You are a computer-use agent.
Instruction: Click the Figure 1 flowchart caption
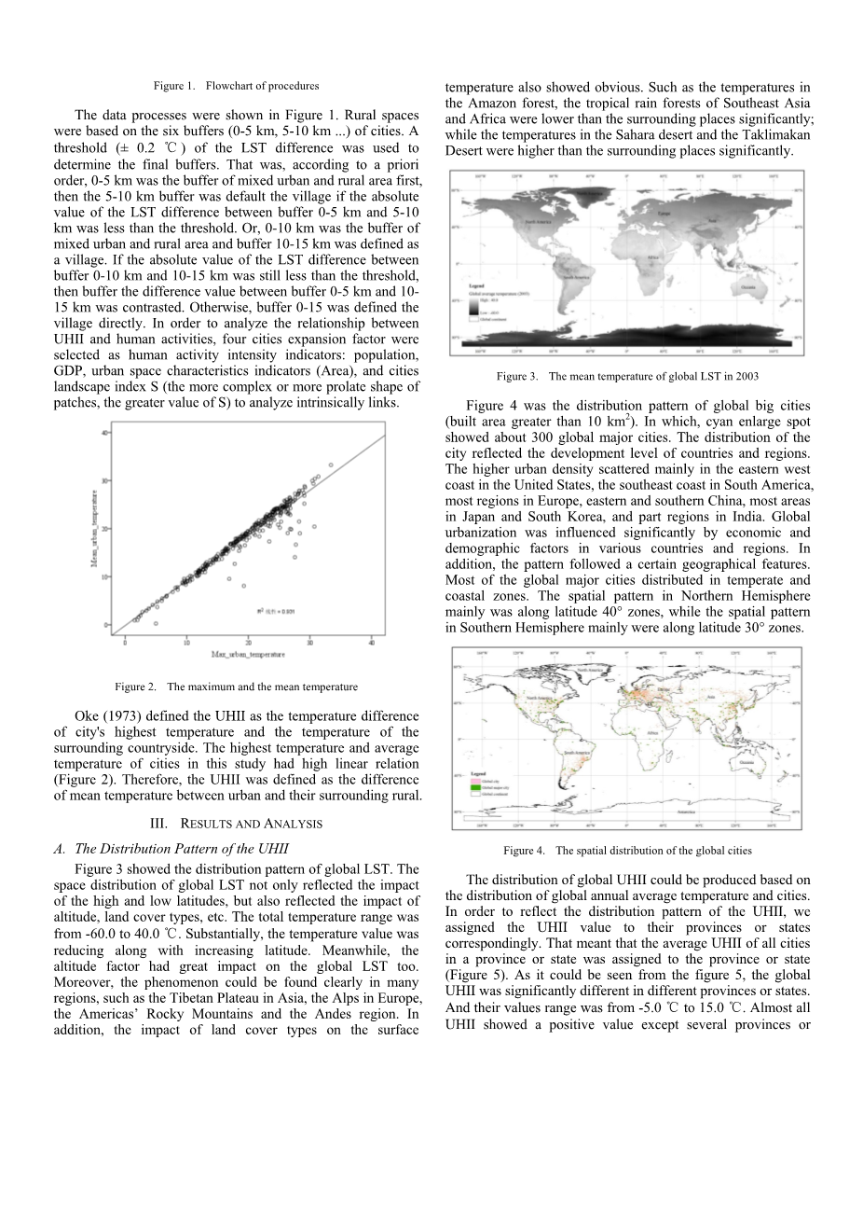coord(236,86)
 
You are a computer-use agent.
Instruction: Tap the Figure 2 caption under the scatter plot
coord(236,687)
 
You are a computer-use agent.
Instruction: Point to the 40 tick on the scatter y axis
coord(105,431)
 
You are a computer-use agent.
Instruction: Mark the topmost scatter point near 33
coord(330,464)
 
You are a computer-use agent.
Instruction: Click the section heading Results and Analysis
coord(236,824)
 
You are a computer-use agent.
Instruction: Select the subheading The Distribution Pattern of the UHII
coord(171,849)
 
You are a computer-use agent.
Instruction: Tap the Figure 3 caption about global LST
coord(627,376)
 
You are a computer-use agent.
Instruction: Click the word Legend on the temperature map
coord(476,286)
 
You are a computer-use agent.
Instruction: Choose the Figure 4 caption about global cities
coord(627,850)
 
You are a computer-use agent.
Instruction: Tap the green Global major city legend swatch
coord(474,788)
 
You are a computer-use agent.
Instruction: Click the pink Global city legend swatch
coord(474,782)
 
